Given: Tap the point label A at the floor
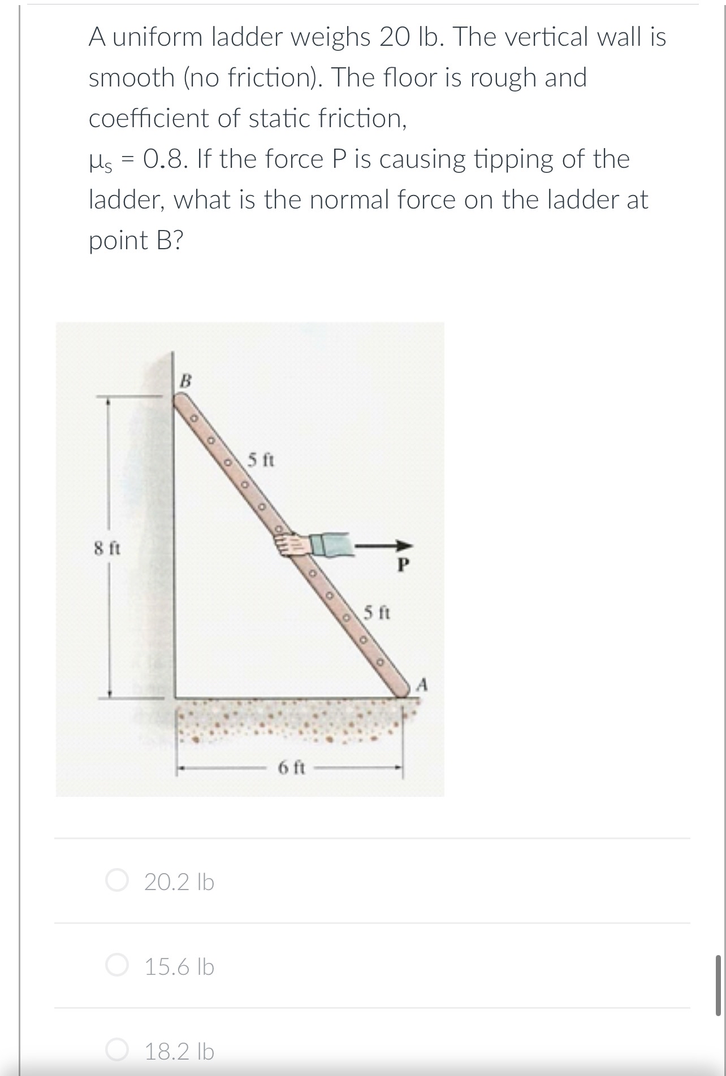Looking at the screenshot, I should [422, 685].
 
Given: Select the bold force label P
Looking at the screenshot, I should [403, 564].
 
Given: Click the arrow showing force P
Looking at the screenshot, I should [384, 545].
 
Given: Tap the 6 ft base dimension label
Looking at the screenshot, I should [292, 767].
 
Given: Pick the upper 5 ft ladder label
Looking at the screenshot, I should [261, 460].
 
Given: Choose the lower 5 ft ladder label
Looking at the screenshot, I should [377, 613].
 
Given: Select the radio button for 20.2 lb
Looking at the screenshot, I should [117, 881].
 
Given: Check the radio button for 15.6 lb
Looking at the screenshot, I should [117, 966].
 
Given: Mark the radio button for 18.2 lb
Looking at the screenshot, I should [117, 1051].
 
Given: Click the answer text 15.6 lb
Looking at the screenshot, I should [179, 967].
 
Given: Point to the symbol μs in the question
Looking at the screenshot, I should [103, 160].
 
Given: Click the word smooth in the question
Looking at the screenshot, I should [132, 77].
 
